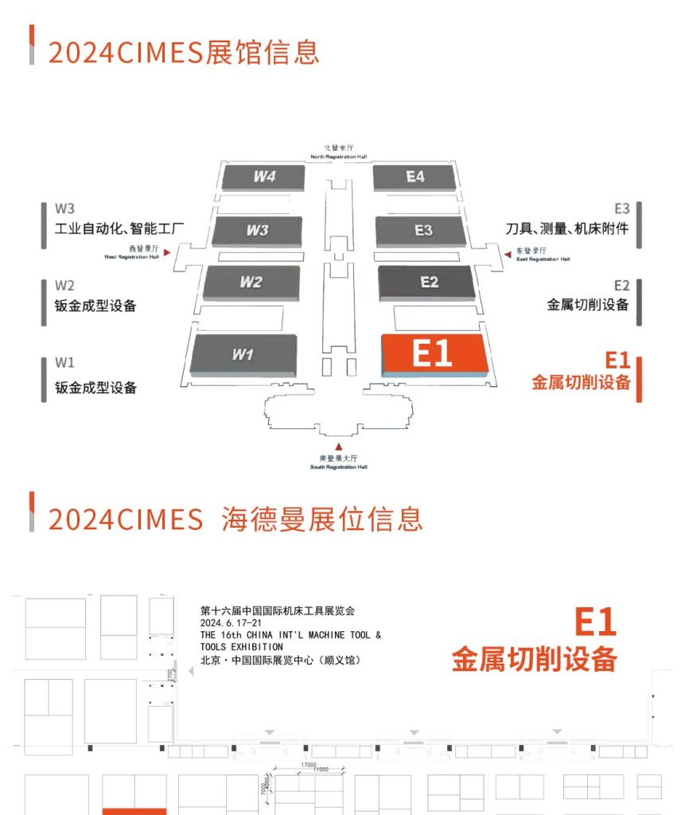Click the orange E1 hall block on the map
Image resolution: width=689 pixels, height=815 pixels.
(434, 353)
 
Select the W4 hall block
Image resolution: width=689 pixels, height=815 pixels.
(264, 177)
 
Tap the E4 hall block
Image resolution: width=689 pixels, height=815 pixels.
(415, 177)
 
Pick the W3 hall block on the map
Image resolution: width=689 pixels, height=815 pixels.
(257, 231)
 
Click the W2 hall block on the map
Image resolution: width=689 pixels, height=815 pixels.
(251, 283)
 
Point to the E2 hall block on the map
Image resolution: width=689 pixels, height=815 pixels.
(429, 283)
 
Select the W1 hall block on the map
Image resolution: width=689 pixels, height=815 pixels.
(243, 354)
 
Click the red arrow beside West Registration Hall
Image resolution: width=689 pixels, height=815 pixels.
(167, 252)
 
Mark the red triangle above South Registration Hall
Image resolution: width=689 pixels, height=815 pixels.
(339, 447)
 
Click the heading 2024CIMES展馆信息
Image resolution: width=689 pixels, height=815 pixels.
(184, 52)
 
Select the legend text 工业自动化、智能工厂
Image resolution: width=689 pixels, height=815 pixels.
(119, 229)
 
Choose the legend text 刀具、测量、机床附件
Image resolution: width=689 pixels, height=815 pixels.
(567, 229)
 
